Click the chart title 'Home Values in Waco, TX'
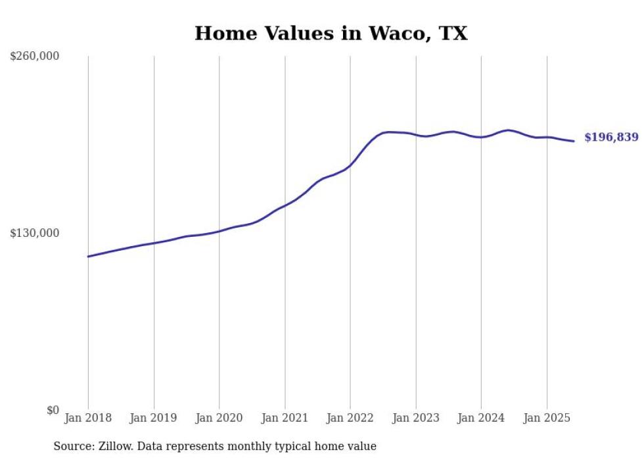[331, 34]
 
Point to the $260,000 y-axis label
[35, 57]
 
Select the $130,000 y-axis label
[35, 233]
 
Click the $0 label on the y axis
[53, 410]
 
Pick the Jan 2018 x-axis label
[88, 418]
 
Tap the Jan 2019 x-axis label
[154, 418]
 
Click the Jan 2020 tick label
[219, 418]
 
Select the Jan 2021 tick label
[285, 418]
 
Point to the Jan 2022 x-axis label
[350, 418]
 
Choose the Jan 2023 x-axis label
[415, 418]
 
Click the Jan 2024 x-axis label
[481, 418]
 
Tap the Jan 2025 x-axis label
[546, 418]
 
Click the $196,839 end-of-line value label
[611, 138]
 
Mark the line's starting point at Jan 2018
[88, 256]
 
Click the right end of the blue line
[574, 141]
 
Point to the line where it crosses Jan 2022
[350, 165]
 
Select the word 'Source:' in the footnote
[72, 446]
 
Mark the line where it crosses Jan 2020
[219, 231]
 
